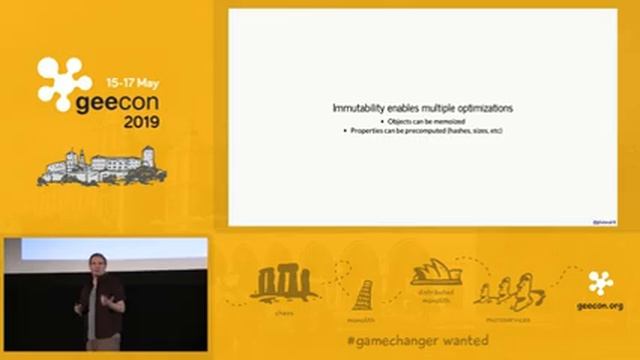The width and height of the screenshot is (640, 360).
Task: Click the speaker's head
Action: tap(96, 264)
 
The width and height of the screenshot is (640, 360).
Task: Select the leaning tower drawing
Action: tap(362, 294)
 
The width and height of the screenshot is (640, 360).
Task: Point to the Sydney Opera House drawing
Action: tap(436, 276)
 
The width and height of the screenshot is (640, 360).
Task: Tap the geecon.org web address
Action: tap(600, 306)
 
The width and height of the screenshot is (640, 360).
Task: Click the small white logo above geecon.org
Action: tap(601, 282)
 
